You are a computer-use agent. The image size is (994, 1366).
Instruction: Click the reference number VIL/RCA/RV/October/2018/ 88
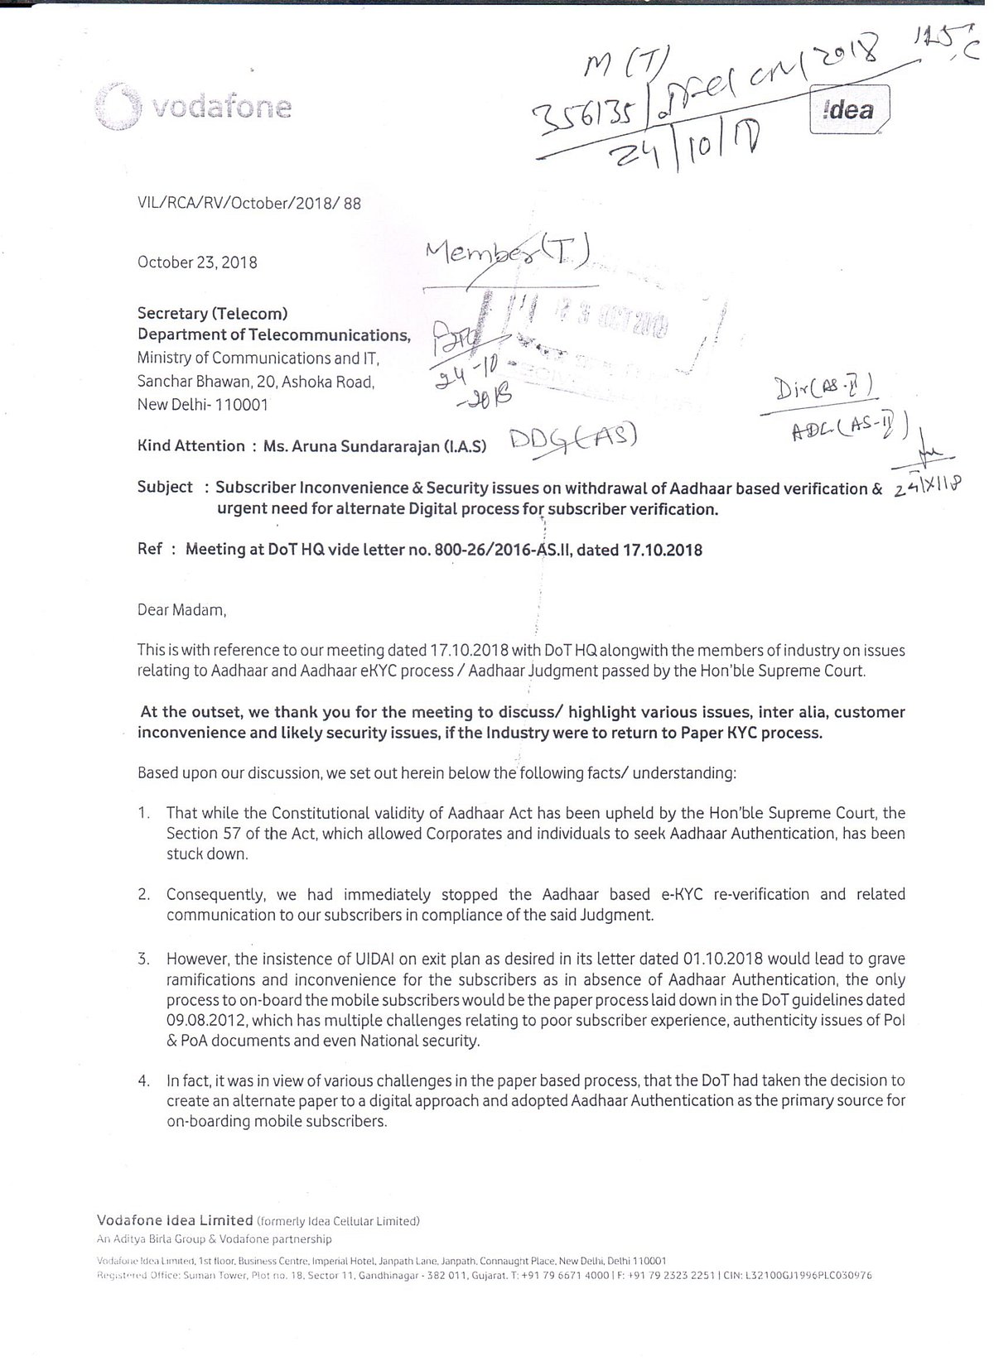[x=249, y=203]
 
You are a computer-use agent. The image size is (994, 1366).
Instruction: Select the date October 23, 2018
[x=197, y=262]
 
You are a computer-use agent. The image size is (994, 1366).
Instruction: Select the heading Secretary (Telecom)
[x=213, y=314]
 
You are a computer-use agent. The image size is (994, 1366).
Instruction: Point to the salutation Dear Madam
[x=181, y=610]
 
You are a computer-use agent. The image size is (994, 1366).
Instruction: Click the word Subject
[x=165, y=487]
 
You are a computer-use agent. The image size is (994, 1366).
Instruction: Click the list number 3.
[x=144, y=960]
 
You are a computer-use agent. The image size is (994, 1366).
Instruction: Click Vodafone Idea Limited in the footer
[x=175, y=1219]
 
